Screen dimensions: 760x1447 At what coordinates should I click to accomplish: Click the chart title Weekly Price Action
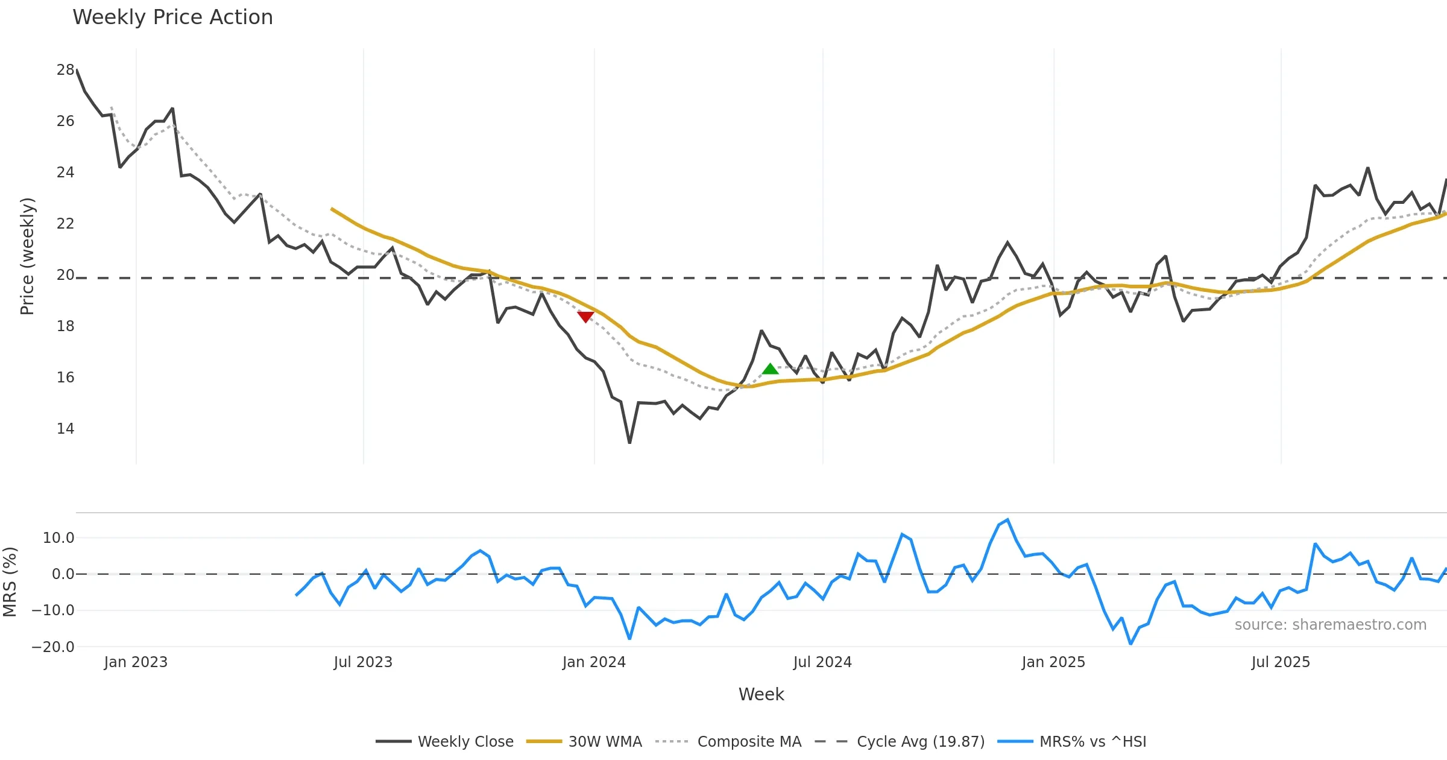[172, 17]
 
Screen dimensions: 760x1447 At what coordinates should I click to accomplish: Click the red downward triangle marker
[585, 317]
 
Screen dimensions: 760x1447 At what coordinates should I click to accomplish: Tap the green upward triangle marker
[770, 369]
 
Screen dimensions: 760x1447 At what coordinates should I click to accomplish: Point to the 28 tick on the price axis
[65, 70]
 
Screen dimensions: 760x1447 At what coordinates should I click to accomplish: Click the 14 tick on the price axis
[65, 429]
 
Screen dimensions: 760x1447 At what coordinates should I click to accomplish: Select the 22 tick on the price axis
[65, 224]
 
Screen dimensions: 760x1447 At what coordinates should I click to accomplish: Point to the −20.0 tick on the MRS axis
[53, 647]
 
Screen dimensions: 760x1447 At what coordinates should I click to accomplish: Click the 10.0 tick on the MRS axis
[58, 538]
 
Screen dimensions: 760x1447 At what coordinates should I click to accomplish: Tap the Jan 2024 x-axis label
[594, 662]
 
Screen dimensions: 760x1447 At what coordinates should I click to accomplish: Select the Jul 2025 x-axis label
[1281, 662]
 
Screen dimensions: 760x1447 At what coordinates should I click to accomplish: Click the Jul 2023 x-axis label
[363, 662]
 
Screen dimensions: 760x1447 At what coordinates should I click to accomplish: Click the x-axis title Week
[761, 695]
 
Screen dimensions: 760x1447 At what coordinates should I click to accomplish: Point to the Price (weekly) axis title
[27, 256]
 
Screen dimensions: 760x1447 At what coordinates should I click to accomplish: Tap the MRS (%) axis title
[10, 582]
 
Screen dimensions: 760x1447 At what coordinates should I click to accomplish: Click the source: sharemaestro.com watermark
[1330, 625]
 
